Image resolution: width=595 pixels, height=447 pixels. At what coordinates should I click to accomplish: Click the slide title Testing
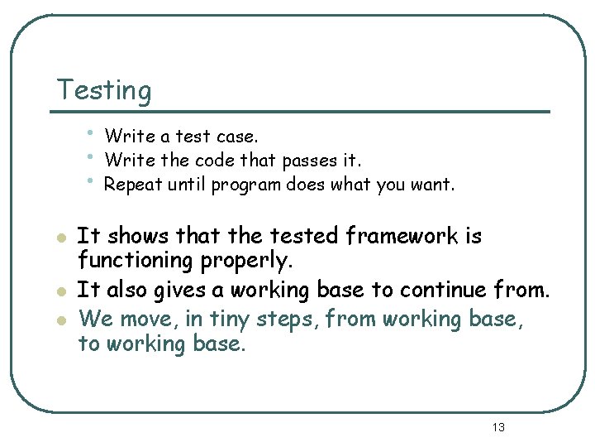pos(104,90)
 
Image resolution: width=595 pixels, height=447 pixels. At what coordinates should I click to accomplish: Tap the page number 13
pos(497,427)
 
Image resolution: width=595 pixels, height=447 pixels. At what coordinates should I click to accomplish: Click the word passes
pos(307,160)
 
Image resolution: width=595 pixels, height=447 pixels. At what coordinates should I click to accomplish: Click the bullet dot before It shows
pos(59,238)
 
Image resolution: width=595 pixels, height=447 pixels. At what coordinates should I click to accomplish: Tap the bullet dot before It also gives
pos(59,291)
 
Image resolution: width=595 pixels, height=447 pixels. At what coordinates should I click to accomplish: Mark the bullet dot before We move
pos(59,318)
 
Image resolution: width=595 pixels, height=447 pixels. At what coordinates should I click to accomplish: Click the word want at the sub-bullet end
pos(431,185)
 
